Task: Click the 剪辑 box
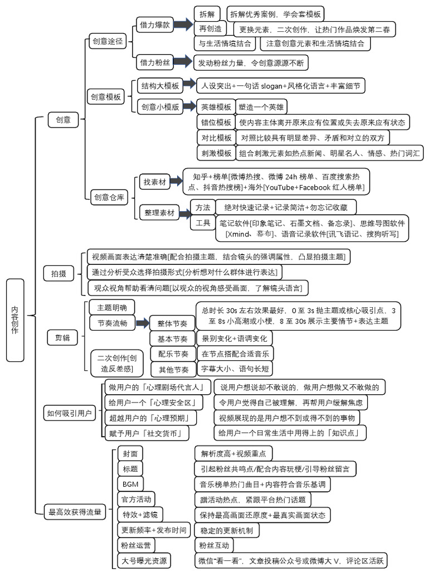(62, 338)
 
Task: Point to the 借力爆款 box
(155, 25)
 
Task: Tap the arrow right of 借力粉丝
(182, 62)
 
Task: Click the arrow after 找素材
(177, 181)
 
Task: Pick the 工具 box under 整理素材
(203, 223)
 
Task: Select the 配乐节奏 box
(173, 354)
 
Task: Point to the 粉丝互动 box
(213, 545)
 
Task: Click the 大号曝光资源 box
(144, 560)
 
